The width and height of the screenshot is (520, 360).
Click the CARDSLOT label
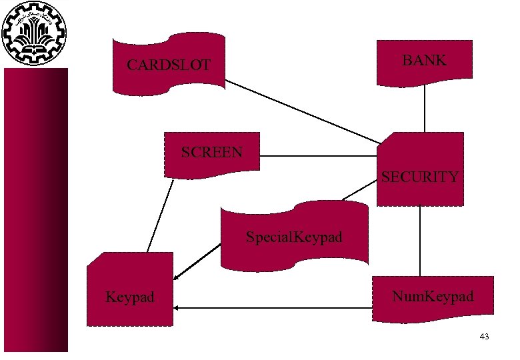(169, 65)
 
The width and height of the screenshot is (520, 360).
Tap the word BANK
(424, 61)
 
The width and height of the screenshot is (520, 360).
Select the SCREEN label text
(212, 152)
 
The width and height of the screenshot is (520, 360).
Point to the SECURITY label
(419, 177)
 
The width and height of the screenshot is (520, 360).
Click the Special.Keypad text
(293, 237)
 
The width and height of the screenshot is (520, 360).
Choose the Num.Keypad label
(433, 296)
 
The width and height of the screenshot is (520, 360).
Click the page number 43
(484, 337)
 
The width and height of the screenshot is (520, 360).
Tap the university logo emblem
(35, 33)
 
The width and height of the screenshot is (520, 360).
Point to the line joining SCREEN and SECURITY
(319, 157)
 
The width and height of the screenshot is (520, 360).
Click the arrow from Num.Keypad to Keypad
(273, 308)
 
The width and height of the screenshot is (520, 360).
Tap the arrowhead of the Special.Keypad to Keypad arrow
(176, 278)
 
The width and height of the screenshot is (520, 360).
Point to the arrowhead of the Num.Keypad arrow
(177, 308)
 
